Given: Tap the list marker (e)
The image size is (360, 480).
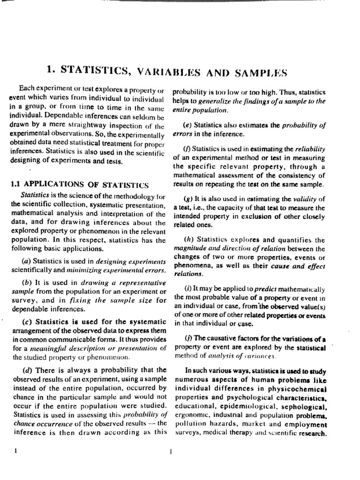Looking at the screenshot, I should coord(186,125).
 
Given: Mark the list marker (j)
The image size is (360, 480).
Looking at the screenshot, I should coord(185,339).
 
